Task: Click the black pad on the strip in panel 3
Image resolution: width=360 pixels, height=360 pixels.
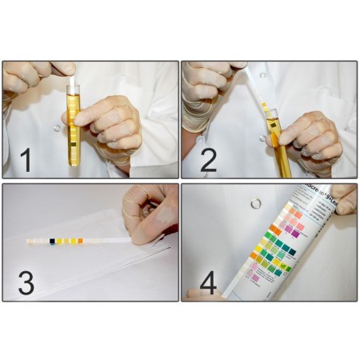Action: [52, 240]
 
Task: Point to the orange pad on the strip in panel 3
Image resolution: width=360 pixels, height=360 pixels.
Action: [78, 239]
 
